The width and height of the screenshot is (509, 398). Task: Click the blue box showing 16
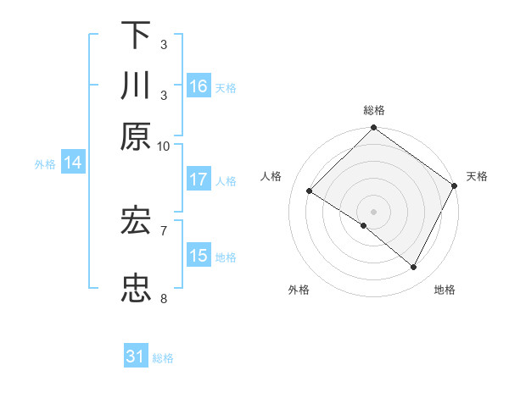coord(199,86)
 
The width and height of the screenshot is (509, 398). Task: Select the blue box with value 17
coord(199,180)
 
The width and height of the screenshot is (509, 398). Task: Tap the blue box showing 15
coord(199,256)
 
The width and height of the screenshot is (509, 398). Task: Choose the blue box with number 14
coord(73,163)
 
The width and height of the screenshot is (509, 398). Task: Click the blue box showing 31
coord(136,357)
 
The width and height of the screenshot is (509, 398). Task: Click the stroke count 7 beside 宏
coord(164,229)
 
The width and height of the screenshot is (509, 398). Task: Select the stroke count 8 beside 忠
coord(164,298)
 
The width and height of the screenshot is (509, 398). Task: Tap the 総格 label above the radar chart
coord(373,110)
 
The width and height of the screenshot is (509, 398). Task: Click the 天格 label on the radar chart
coord(477,176)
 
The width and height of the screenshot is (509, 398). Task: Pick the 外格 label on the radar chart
coord(299,290)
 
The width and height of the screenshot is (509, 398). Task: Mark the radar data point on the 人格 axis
coord(310,191)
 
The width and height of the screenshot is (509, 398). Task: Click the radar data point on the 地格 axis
coord(414,268)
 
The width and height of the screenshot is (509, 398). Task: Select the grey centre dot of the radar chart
coord(373,211)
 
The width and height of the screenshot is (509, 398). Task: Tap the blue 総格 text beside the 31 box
coord(163,358)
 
